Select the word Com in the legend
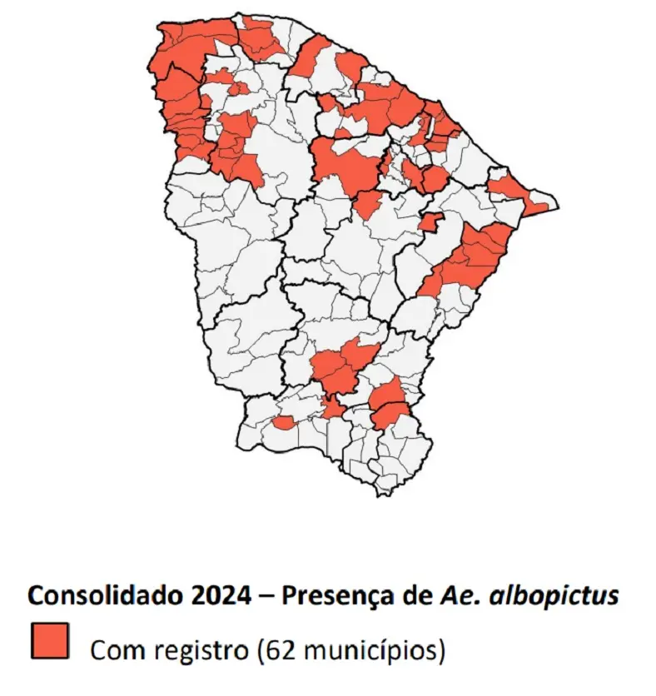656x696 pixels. point(114,649)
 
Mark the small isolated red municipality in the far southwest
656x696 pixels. point(283,423)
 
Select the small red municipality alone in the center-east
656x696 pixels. point(430,222)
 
